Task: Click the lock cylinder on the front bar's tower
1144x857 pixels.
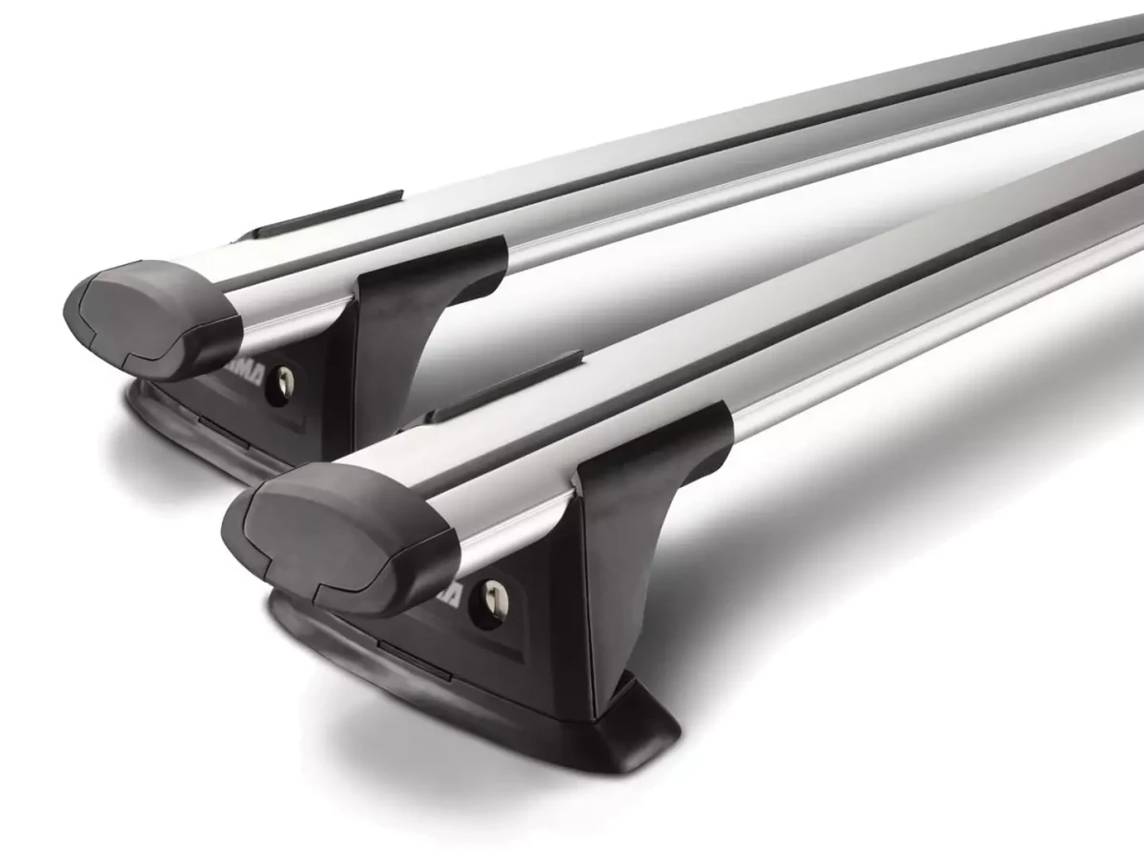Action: click(x=494, y=597)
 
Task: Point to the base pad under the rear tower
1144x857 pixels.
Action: click(x=191, y=424)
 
